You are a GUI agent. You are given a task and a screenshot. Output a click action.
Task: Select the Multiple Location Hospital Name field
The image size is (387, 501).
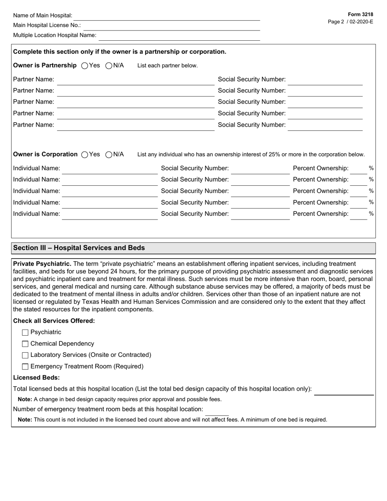pos(179,36)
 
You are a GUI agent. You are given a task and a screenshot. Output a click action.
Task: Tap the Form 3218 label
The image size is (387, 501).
pos(360,14)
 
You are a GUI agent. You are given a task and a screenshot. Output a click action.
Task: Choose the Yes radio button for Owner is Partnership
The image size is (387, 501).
pos(85,66)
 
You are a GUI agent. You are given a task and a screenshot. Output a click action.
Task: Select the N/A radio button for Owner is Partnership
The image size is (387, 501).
pos(109,66)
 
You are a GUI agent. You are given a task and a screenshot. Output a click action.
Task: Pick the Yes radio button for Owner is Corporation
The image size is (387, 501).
pos(85,154)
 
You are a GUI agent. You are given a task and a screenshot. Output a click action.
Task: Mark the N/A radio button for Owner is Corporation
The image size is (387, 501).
pos(109,154)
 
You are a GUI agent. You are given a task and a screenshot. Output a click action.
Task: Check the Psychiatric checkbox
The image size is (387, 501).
pos(25,332)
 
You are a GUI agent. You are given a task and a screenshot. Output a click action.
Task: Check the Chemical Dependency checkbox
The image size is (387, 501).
pos(25,344)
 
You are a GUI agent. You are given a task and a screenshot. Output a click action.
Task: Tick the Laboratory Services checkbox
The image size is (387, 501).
pos(25,355)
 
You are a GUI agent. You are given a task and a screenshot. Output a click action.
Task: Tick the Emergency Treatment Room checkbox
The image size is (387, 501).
pos(25,367)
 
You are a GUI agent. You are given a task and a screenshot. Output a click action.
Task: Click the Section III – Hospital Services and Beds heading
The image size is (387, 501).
pos(79,248)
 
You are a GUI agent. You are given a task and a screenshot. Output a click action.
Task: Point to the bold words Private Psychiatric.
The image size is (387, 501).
pos(42,264)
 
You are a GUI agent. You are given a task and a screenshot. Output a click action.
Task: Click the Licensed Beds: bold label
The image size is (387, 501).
pos(36,378)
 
